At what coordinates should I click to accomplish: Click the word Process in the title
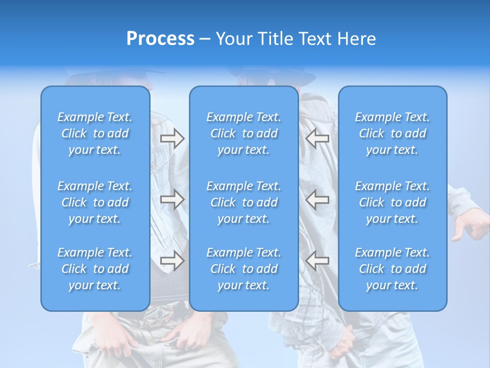160,39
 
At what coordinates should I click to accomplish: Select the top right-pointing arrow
172,139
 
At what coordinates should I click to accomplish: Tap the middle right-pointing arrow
172,199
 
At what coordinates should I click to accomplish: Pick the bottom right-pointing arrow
172,261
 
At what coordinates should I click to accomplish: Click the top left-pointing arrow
317,139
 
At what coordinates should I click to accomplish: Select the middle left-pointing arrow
317,199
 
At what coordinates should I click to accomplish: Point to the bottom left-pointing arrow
317,261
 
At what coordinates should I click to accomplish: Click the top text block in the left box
95,133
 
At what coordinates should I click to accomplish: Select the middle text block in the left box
95,202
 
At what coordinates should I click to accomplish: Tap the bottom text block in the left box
95,269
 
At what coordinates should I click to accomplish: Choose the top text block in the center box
243,133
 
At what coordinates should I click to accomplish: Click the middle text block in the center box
243,202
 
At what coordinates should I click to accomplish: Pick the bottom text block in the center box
243,269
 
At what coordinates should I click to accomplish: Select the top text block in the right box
392,133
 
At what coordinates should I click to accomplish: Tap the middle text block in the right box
392,202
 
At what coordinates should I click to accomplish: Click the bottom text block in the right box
392,269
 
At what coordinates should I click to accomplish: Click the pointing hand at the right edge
472,225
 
